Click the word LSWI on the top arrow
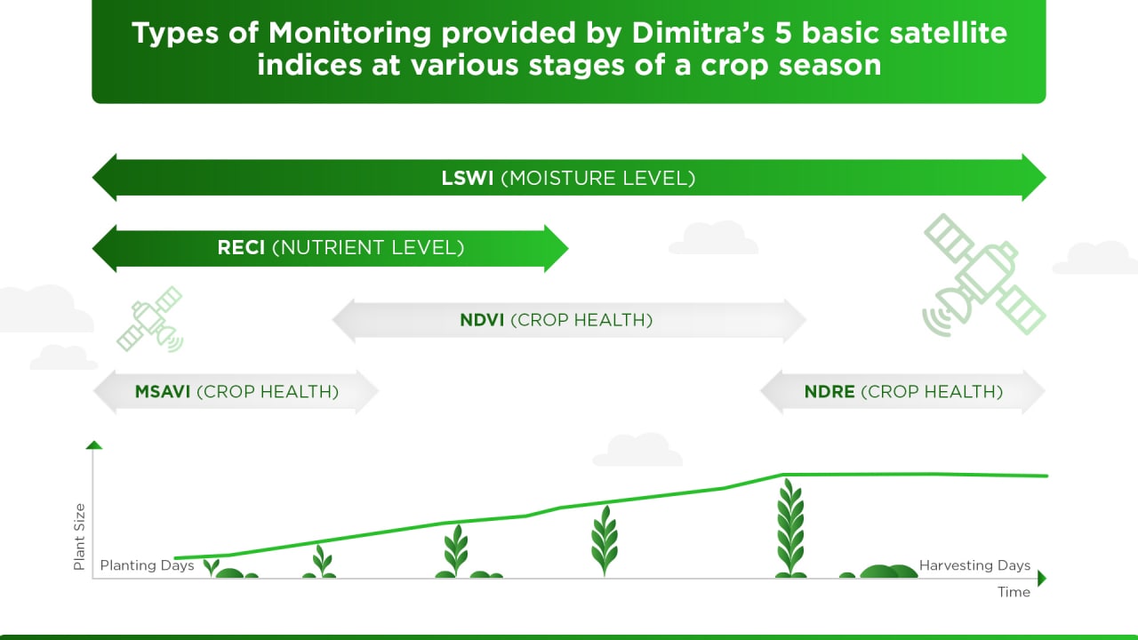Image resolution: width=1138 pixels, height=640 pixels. tap(468, 178)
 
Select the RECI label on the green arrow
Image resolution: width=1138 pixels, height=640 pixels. tap(241, 248)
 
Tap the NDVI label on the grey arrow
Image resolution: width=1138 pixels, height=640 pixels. tap(482, 320)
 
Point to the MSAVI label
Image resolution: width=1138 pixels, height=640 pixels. tap(163, 391)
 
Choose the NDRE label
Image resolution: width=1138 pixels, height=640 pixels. tap(829, 391)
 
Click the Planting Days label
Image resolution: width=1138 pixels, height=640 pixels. tap(147, 565)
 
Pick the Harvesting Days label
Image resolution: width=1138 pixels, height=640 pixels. tap(974, 565)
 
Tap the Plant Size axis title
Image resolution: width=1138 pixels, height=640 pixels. tap(80, 536)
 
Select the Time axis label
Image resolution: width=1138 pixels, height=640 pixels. tap(1014, 592)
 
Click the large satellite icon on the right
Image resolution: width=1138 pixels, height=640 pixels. tap(983, 276)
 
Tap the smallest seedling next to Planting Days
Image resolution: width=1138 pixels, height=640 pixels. tap(212, 567)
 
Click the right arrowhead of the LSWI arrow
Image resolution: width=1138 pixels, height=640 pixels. tap(1034, 178)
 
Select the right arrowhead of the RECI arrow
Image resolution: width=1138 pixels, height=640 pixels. tap(557, 248)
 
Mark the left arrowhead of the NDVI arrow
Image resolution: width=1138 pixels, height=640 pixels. tap(343, 320)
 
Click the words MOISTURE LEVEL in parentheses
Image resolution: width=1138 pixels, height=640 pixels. tap(597, 178)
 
